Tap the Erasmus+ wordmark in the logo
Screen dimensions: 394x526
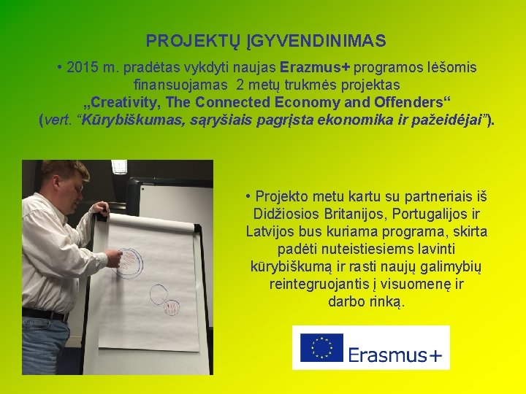(395, 355)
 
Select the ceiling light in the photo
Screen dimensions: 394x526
(120, 166)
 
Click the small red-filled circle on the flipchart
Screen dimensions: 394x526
(173, 307)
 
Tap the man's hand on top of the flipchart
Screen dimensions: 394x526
(100, 209)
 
